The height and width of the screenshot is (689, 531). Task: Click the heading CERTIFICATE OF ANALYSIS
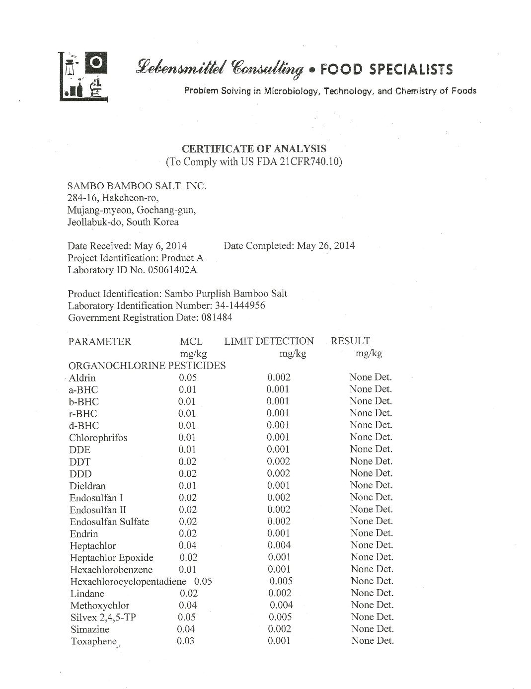point(254,149)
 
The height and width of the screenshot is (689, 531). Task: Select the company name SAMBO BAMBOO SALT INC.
point(137,186)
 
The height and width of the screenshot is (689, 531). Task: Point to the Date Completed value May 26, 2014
point(325,245)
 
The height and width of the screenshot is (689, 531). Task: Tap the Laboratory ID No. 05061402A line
point(132,270)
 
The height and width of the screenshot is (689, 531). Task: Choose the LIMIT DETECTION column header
point(269,341)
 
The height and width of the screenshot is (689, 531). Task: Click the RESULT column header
point(350,341)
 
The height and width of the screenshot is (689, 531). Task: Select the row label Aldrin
point(82,378)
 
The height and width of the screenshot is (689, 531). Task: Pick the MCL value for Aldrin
point(188,378)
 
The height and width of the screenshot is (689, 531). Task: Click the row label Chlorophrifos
point(98,438)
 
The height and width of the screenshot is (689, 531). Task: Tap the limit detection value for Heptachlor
point(279,545)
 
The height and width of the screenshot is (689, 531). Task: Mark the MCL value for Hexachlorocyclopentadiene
point(203,581)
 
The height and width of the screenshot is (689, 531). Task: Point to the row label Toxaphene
point(93,641)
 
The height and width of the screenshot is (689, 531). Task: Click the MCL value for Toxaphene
point(185,641)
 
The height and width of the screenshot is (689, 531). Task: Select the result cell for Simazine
point(372,629)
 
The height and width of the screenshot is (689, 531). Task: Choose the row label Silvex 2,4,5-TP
point(103,617)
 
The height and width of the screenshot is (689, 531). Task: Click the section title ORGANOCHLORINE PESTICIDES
point(147,366)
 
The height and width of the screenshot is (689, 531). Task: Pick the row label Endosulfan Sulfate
point(109,522)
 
